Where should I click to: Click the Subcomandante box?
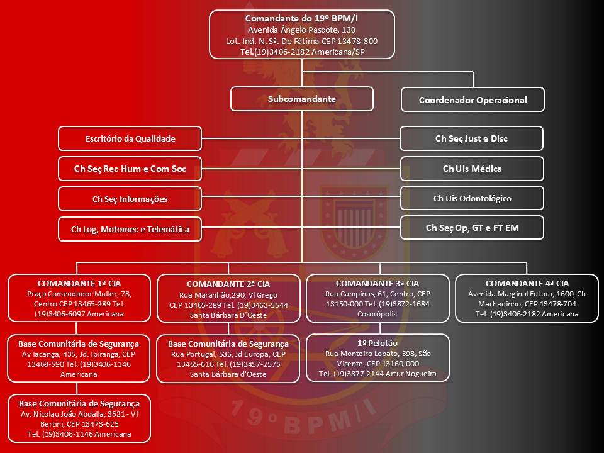pyautogui.click(x=301, y=99)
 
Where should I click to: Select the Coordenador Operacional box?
pyautogui.click(x=473, y=99)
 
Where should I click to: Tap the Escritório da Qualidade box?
pyautogui.click(x=130, y=138)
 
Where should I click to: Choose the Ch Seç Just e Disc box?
pyautogui.click(x=471, y=138)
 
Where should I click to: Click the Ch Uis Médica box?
pyautogui.click(x=472, y=169)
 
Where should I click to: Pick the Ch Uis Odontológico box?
pyautogui.click(x=472, y=198)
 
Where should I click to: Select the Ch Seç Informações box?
pyautogui.click(x=130, y=199)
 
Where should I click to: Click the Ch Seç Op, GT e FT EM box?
pyautogui.click(x=472, y=228)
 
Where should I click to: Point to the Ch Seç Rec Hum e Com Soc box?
pyautogui.click(x=130, y=169)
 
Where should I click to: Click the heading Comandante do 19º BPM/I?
pyautogui.click(x=301, y=18)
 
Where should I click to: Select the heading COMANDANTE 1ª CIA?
pyautogui.click(x=79, y=283)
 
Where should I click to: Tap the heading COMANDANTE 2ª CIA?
pyautogui.click(x=228, y=284)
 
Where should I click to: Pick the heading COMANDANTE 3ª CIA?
pyautogui.click(x=377, y=283)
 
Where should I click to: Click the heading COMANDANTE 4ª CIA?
pyautogui.click(x=527, y=283)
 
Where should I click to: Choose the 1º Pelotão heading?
pyautogui.click(x=377, y=344)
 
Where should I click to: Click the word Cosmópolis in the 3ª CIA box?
pyautogui.click(x=377, y=314)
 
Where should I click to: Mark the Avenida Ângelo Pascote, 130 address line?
pyautogui.click(x=301, y=30)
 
